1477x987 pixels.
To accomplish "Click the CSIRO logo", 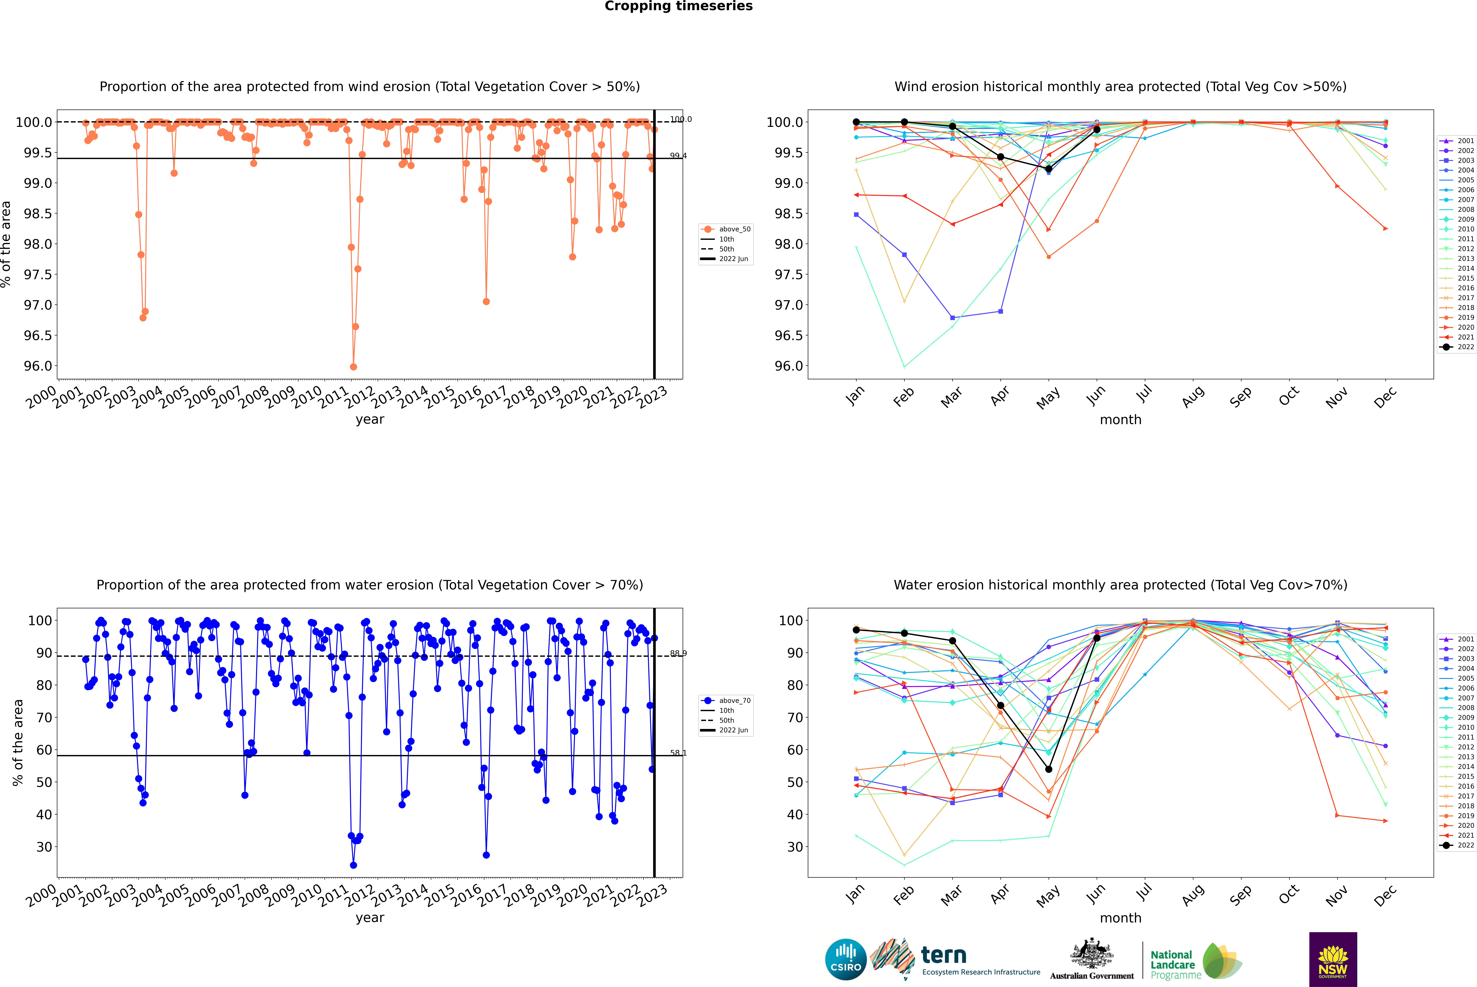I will coord(846,959).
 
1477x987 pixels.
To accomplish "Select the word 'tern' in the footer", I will coord(943,955).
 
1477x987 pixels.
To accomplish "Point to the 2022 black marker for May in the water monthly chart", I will coord(1048,769).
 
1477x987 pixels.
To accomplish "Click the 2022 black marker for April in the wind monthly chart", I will coord(1000,157).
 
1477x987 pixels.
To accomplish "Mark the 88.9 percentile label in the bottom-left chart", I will coord(678,653).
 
